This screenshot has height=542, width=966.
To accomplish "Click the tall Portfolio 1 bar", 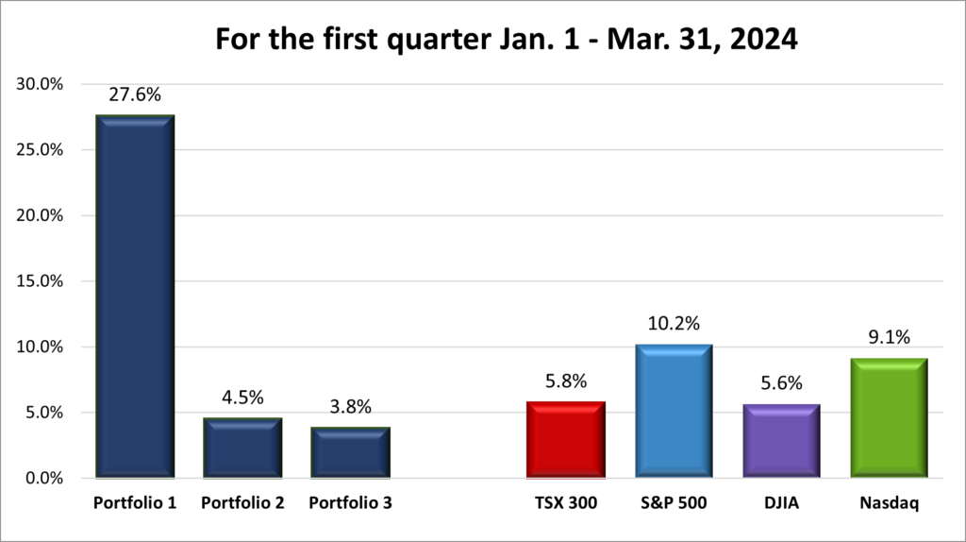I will point(135,296).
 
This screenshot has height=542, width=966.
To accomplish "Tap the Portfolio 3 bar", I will point(350,452).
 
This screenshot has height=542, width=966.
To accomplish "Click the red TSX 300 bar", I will point(566,440).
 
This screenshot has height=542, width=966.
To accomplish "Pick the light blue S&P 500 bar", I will point(674,411).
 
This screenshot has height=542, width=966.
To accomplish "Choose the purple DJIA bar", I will point(780,441).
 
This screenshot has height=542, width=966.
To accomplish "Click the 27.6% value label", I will point(135,95).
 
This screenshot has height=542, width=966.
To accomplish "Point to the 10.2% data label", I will point(674,324).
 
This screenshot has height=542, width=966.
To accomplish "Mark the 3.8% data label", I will point(350,407).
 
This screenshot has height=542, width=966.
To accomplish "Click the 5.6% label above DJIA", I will point(780,384).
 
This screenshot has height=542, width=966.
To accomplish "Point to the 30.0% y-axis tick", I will point(40,84).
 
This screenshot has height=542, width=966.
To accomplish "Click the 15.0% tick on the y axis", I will point(40,281).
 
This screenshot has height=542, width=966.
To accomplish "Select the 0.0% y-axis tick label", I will point(43,478).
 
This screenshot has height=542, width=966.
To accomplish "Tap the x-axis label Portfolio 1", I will point(135,504).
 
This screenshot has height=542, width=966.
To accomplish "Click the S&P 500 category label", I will point(674,504).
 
